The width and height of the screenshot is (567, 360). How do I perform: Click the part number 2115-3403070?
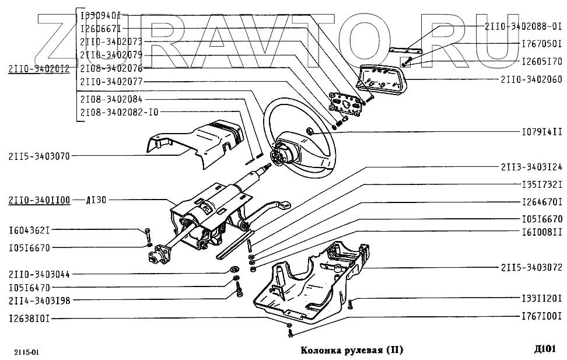pos(38,156)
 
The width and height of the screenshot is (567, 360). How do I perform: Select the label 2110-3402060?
pos(531,79)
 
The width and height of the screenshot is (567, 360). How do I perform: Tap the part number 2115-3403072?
pos(531,268)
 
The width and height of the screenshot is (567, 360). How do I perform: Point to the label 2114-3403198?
pos(38,300)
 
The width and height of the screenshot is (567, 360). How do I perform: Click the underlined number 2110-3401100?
pos(38,200)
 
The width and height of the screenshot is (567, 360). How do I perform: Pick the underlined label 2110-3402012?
pos(38,69)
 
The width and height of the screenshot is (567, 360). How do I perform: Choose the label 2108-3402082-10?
pos(118,111)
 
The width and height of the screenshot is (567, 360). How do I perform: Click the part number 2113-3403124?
pos(531,167)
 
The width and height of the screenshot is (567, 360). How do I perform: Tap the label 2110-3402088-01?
pos(523,26)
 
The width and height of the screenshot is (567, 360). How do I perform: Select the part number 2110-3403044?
pos(38,274)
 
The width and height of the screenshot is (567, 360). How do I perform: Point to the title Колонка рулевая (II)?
pos(351,350)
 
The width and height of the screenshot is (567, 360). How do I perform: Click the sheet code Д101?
pos(545,349)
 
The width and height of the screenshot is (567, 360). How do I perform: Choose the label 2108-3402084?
pos(111,99)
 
